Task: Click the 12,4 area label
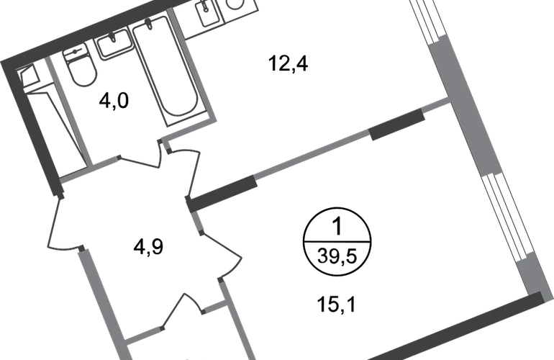(289, 64)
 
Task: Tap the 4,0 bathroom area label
(114, 101)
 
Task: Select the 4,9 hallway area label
(148, 246)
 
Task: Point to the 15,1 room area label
(337, 304)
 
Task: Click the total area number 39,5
(337, 256)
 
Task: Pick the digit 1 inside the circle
(337, 226)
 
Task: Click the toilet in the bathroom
(80, 66)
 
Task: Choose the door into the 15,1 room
(222, 255)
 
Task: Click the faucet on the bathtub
(150, 23)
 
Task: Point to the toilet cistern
(75, 52)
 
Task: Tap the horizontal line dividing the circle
(337, 242)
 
